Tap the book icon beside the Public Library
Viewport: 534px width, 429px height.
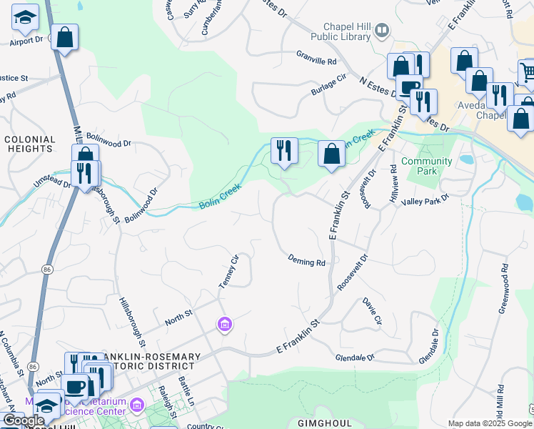[x=383, y=30]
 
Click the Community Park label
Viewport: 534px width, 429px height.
[x=427, y=166]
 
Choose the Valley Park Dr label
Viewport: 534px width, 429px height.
[x=425, y=200]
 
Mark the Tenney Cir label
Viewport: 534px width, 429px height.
[x=227, y=271]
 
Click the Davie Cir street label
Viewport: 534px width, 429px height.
[x=373, y=312]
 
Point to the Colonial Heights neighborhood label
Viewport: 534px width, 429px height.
[x=31, y=144]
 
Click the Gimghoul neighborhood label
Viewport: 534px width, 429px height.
[x=325, y=423]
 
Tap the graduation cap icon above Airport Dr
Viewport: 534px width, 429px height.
[x=26, y=18]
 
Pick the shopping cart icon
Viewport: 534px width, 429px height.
[x=528, y=72]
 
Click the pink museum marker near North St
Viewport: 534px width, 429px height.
[x=225, y=325]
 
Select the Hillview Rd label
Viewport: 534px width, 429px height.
[x=393, y=185]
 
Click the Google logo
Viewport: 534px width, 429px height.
[x=24, y=420]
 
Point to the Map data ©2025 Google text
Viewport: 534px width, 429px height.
[x=490, y=423]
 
